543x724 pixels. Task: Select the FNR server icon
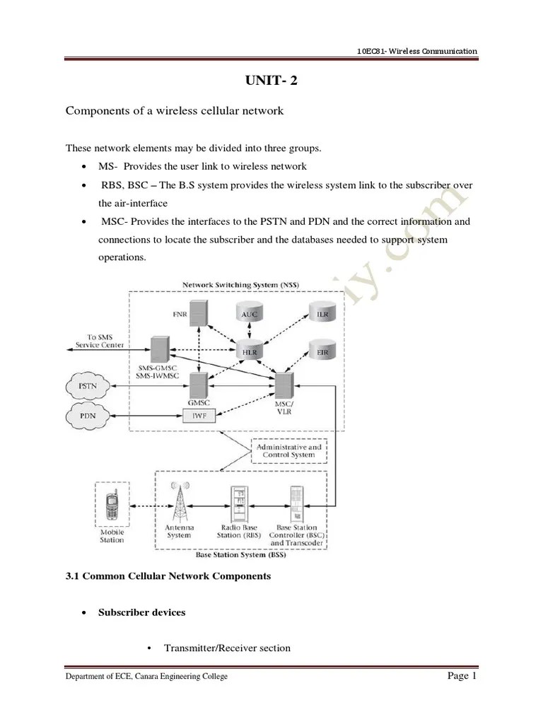[x=200, y=313]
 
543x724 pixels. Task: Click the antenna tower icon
[x=179, y=503]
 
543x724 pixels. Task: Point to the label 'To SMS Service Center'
[x=100, y=341]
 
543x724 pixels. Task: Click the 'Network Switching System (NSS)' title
[x=240, y=285]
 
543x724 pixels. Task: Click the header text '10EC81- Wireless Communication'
[x=417, y=51]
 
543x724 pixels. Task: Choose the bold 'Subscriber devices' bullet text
[x=142, y=612]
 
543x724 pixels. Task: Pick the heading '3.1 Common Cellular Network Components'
[x=168, y=576]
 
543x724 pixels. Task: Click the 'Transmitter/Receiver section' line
[x=226, y=648]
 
